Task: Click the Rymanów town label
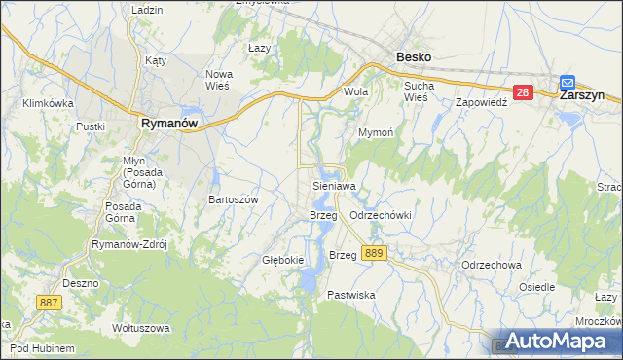tap(169, 124)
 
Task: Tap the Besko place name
tap(414, 57)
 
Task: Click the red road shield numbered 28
tap(523, 93)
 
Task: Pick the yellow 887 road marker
tap(51, 304)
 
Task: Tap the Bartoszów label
tap(233, 198)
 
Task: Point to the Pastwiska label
tap(350, 294)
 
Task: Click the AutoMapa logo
tap(554, 342)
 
